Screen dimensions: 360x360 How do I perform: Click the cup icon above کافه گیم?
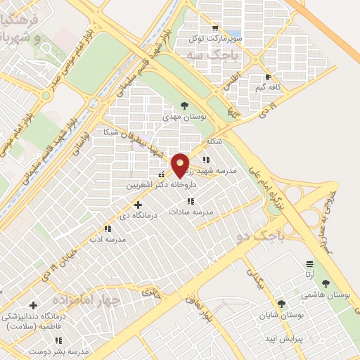coord(268,77)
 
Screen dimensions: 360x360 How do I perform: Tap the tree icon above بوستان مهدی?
coord(184,105)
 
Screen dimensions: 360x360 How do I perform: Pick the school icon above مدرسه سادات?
coord(191,201)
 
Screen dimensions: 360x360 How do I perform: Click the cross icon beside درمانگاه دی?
coord(138,204)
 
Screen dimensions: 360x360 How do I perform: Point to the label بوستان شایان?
coord(281,315)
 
